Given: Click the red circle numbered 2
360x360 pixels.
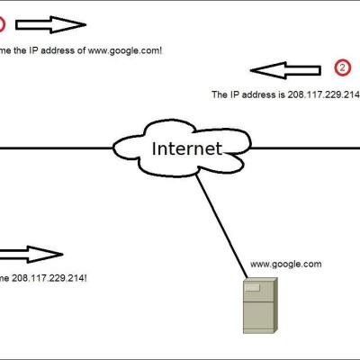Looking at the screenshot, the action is (x=342, y=67).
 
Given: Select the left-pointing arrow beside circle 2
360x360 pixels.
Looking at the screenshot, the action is (x=285, y=70).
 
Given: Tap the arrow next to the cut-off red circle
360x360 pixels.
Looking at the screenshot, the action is (x=51, y=24).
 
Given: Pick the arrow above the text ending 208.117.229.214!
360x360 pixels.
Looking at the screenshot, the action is (x=31, y=255).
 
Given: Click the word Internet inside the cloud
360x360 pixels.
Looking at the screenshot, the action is (x=187, y=148).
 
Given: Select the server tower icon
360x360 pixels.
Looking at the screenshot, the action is (x=260, y=305).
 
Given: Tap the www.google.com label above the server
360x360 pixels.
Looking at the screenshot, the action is (x=286, y=265).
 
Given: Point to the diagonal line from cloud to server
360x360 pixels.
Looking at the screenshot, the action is (x=221, y=226).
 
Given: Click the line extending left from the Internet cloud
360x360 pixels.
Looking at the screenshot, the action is (x=57, y=148).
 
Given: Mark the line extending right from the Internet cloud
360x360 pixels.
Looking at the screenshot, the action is (x=304, y=148).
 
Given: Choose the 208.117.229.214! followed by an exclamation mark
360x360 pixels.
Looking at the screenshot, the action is (x=49, y=278).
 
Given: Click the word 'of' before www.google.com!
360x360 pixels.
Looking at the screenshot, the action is (x=81, y=50).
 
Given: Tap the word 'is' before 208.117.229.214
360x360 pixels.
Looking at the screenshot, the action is (x=282, y=94).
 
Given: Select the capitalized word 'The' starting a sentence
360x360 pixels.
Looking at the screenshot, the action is (x=220, y=94).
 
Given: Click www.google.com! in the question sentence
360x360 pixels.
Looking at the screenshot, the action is (x=125, y=50).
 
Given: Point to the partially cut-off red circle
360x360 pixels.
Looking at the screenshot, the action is (x=2, y=25).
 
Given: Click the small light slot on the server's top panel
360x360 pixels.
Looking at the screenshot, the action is (x=252, y=288).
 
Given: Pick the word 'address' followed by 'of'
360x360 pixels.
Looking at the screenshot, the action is (x=58, y=50).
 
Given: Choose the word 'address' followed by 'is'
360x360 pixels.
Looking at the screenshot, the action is (x=258, y=94).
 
